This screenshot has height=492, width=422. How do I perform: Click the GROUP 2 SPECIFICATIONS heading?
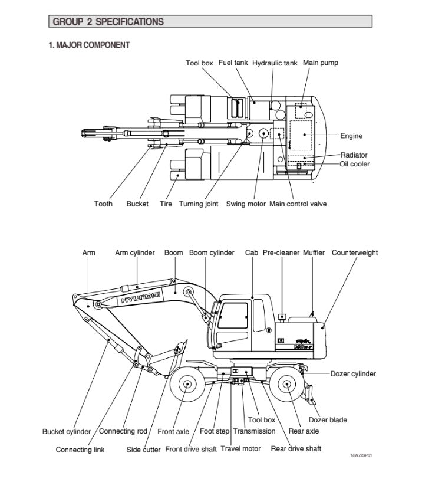click(108, 22)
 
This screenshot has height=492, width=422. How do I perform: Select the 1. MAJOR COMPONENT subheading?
click(89, 45)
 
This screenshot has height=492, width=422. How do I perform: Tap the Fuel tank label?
click(233, 63)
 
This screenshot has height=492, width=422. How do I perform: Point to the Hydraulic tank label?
click(275, 63)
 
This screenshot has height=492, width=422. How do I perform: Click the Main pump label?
click(321, 63)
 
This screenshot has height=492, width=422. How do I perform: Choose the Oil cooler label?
click(355, 164)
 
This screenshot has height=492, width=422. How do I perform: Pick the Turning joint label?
click(199, 204)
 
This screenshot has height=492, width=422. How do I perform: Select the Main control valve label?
click(298, 204)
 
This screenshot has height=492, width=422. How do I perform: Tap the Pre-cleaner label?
click(281, 253)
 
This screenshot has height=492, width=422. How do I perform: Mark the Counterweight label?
click(355, 253)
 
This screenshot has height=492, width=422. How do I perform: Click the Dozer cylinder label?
click(353, 373)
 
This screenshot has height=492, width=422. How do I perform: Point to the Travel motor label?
click(240, 449)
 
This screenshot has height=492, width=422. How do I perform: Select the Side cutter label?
click(144, 450)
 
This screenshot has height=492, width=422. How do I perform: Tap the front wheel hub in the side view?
click(187, 385)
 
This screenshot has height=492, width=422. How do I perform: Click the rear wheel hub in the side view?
click(286, 385)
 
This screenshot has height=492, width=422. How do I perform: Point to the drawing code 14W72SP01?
click(361, 456)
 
